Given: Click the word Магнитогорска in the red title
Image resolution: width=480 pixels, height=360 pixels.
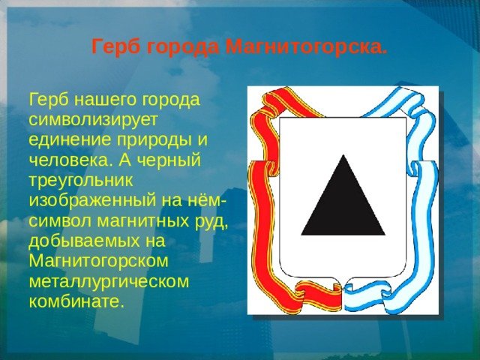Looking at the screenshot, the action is pos(307,46).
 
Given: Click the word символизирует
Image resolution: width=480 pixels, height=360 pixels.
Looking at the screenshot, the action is pos(93,120).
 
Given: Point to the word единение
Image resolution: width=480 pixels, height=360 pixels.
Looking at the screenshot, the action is pos(70,140).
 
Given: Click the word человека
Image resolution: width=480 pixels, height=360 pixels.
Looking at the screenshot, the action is pos(70,160).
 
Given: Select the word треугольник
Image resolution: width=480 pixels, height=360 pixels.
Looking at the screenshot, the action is pos(81,180).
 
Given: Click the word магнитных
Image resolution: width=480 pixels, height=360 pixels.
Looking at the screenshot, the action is pos(143,220).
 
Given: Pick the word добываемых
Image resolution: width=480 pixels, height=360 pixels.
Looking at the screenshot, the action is pos(83,241).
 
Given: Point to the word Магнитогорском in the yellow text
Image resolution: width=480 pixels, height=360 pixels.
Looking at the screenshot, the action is pos(98,261).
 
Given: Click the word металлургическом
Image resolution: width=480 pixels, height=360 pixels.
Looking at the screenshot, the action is pos(109,281).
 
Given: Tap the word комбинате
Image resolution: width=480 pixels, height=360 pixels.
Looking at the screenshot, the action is pos(76,301).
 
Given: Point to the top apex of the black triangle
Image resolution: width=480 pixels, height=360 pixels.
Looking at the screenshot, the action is pos(343,154).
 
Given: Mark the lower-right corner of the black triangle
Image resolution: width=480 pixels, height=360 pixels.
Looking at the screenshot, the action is pos(385,235).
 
